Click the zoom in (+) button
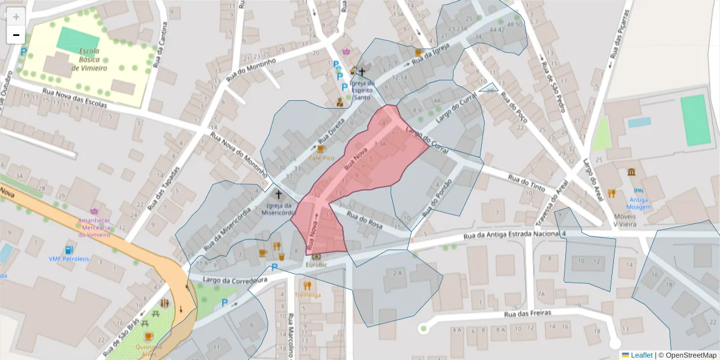[x=16, y=17]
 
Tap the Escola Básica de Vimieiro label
[x=89, y=59]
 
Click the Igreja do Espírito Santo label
[x=362, y=90]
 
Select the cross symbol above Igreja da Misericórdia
[x=278, y=194]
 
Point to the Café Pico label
[x=321, y=157]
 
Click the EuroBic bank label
[x=316, y=265]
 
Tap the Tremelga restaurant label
[x=308, y=295]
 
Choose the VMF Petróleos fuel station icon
[x=68, y=250]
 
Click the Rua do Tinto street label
[x=526, y=184]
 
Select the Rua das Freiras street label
[x=527, y=313]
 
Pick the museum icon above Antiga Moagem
[x=632, y=173]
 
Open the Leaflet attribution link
[x=641, y=355]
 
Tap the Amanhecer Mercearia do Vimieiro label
[x=94, y=227]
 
